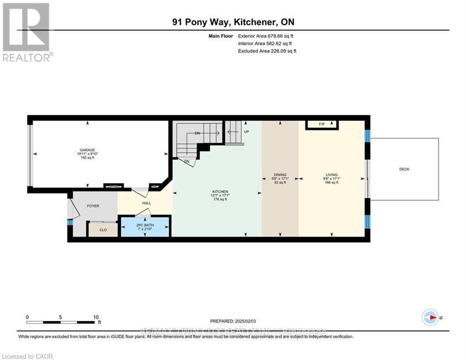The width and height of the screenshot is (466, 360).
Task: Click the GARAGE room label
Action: [87, 150]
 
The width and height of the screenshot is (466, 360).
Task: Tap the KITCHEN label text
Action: [220, 192]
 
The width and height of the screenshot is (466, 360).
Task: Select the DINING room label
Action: [280, 175]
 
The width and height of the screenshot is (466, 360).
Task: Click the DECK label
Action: [404, 169]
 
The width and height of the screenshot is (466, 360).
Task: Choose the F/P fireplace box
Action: [322, 124]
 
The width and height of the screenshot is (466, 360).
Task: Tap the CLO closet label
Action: [103, 230]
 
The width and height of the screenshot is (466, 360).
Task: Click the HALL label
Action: [147, 203]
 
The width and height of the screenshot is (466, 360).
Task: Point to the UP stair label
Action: [246, 132]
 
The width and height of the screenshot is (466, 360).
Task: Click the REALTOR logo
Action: [27, 32]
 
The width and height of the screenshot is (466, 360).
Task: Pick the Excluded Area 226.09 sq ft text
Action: [267, 51]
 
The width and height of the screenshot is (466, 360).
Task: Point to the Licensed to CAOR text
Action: [28, 356]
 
